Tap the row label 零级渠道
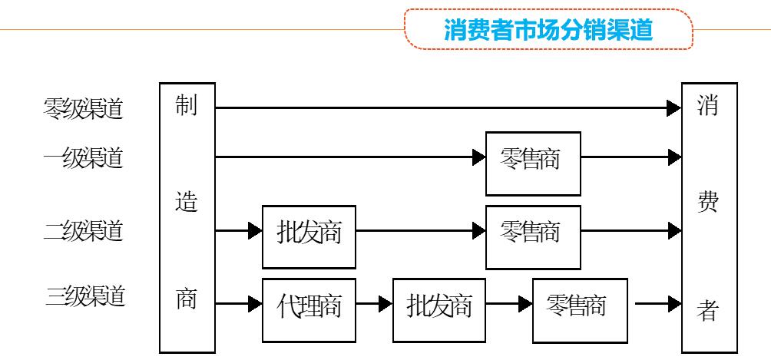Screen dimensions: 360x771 click(x=83, y=109)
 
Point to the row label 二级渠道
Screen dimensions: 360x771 click(x=83, y=230)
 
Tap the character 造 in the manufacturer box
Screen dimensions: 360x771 click(x=186, y=203)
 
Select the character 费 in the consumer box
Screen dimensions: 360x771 click(x=709, y=203)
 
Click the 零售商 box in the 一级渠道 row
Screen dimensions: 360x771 click(x=533, y=159)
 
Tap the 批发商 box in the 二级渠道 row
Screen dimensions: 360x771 click(x=309, y=231)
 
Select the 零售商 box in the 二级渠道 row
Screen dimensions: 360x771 click(x=533, y=231)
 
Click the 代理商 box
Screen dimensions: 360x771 click(x=309, y=307)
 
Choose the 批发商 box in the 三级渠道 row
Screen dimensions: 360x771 click(x=439, y=307)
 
